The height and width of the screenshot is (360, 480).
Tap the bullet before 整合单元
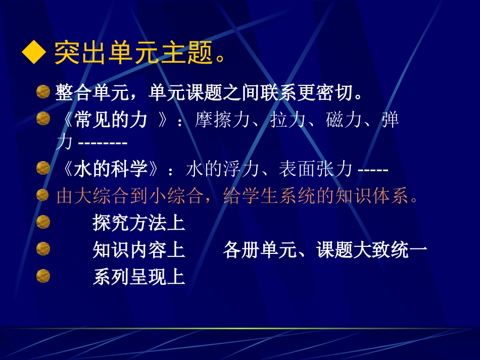(x=43, y=92)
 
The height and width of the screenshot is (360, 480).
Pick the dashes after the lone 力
(x=103, y=143)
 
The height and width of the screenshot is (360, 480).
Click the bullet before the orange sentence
(x=43, y=195)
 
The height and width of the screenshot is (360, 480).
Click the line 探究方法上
(x=139, y=223)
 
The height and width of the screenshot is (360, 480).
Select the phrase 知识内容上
(x=139, y=250)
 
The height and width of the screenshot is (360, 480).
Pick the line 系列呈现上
(x=139, y=277)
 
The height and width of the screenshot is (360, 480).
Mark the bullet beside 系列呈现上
(x=43, y=276)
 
